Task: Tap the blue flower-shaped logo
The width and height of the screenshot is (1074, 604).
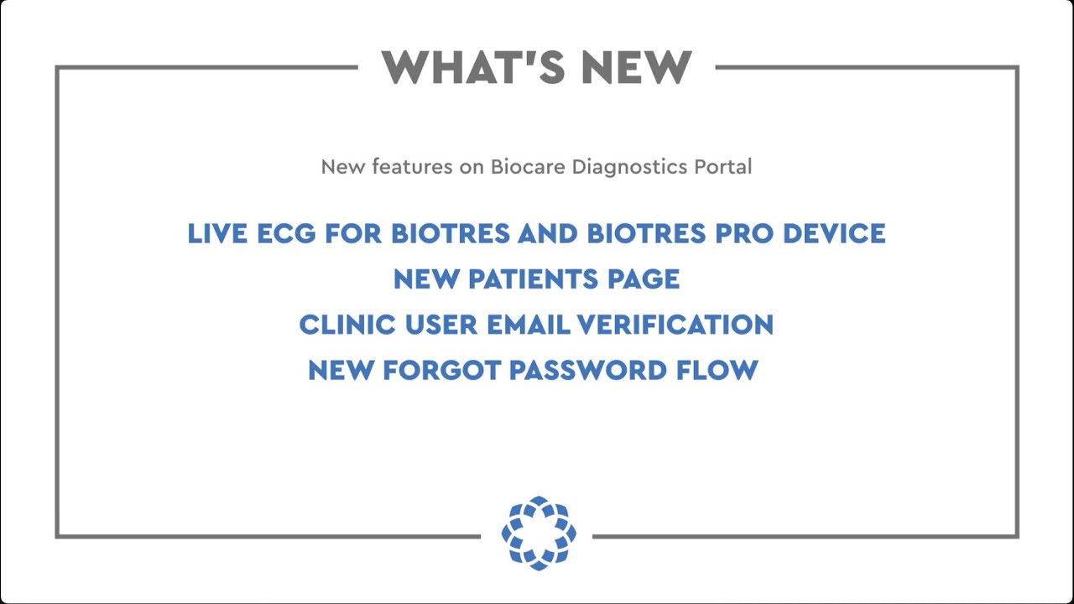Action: pyautogui.click(x=539, y=533)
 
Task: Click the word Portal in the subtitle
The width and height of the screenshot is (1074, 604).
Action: pyautogui.click(x=722, y=166)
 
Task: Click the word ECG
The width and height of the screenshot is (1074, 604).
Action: pyautogui.click(x=287, y=233)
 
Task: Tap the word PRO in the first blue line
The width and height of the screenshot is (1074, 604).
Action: pyautogui.click(x=745, y=233)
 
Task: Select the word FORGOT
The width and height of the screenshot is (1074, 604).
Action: pyautogui.click(x=441, y=370)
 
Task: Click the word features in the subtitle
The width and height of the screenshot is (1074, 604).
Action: pyautogui.click(x=412, y=166)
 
